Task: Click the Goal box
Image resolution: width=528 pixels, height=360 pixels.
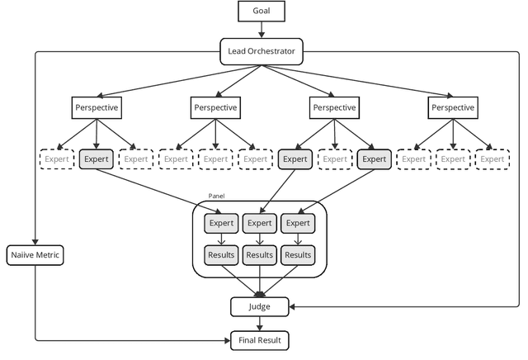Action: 261,12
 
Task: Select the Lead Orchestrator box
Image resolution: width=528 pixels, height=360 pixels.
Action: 261,52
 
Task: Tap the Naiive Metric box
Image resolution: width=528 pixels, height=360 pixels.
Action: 35,255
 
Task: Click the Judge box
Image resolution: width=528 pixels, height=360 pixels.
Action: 260,306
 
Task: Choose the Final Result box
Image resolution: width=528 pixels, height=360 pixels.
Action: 260,339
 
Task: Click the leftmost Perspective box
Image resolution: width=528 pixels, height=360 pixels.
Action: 96,107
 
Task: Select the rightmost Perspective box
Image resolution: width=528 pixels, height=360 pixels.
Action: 453,107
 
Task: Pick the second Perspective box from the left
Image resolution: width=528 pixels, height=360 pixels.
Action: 215,107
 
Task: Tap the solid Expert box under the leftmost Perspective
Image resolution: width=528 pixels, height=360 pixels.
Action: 96,159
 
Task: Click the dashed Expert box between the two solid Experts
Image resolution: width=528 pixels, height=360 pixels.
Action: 334,159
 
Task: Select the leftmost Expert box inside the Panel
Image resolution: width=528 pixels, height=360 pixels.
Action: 220,223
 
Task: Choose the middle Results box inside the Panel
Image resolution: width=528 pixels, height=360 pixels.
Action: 260,255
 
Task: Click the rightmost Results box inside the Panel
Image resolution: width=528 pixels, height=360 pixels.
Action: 299,255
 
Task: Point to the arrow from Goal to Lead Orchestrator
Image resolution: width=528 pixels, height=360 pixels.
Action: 261,31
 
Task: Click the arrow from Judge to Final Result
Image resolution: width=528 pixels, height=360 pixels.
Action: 260,323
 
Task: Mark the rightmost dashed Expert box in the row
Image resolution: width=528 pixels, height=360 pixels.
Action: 493,159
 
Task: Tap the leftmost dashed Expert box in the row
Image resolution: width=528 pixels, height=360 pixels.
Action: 56,159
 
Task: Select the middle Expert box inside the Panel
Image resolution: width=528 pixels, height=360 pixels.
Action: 260,223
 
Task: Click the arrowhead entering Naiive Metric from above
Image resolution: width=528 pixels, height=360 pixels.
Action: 35,241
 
